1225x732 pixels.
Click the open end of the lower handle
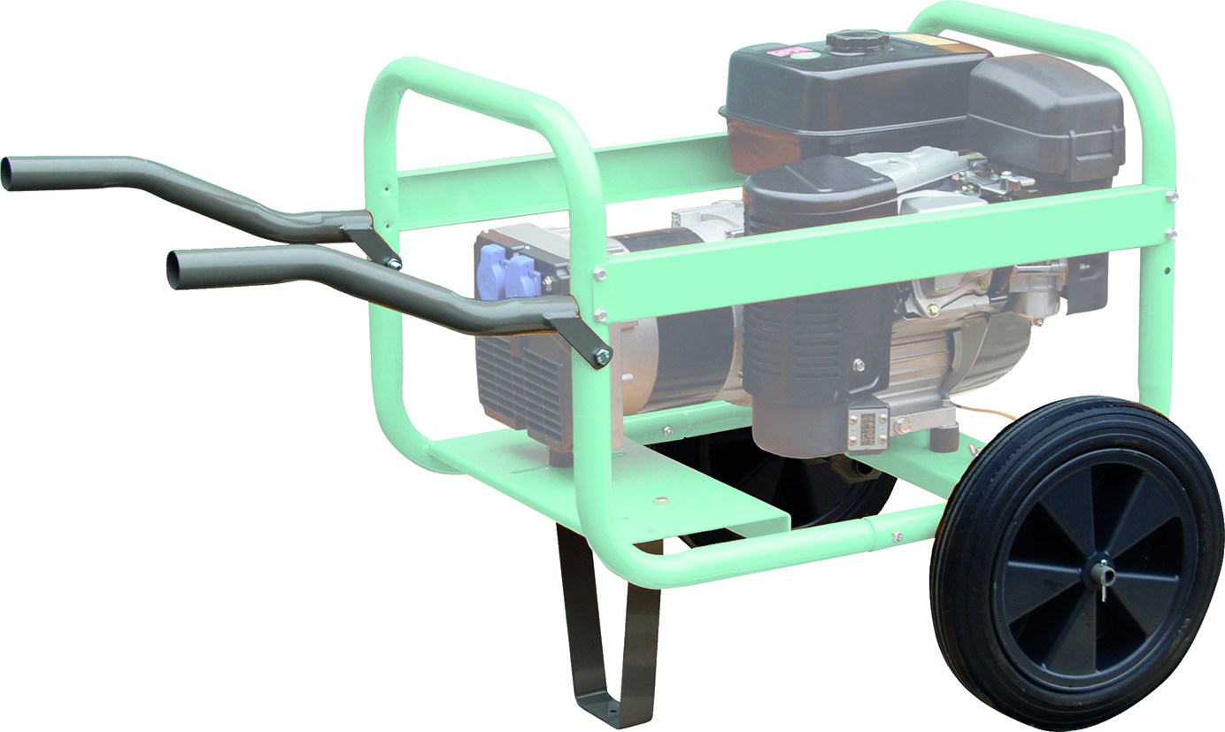(174, 270)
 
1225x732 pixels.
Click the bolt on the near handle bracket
(602, 357)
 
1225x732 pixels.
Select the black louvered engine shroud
(814, 345)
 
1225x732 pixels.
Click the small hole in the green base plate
(659, 501)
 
